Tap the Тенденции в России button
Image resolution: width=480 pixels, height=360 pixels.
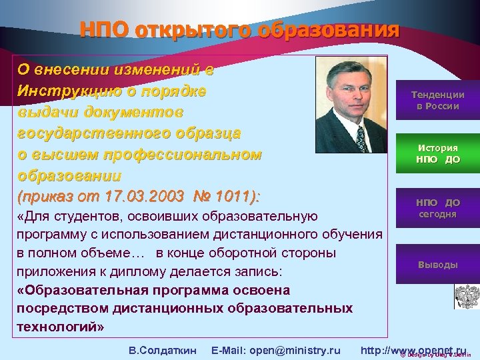[x=437, y=101]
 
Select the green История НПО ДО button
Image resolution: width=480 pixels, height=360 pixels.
[x=437, y=153]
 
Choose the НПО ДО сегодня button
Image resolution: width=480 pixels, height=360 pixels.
[x=437, y=208]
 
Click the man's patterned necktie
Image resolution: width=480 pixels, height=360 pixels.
[x=361, y=139]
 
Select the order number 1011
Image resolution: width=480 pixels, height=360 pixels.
[x=234, y=197]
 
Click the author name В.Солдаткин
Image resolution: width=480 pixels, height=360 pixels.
[x=162, y=350]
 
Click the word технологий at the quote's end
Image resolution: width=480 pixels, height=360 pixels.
[x=55, y=327]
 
